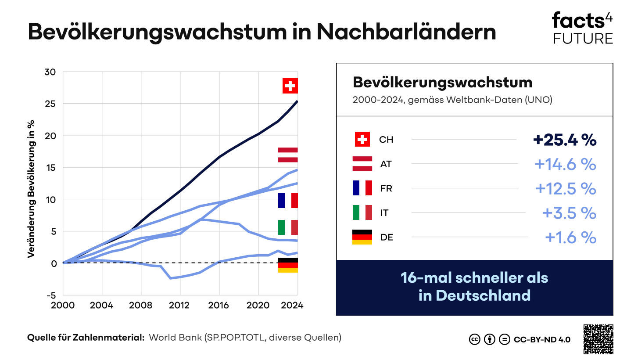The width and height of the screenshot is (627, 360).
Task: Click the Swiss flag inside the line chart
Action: (x=290, y=86)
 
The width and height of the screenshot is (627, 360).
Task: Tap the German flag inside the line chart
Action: (x=288, y=265)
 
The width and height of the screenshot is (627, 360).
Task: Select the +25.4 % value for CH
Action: (x=565, y=140)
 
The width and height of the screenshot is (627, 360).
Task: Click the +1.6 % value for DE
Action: (x=570, y=238)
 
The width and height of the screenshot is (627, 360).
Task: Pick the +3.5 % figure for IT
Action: (x=569, y=213)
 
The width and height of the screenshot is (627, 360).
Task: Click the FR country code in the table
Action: (x=386, y=188)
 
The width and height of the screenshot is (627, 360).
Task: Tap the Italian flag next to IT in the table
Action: (x=362, y=212)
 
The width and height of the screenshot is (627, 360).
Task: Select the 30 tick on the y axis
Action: (x=50, y=72)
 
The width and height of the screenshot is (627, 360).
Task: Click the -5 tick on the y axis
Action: (x=52, y=295)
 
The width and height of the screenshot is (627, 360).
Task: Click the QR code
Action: (x=598, y=339)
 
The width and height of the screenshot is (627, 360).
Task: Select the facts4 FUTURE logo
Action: (x=582, y=29)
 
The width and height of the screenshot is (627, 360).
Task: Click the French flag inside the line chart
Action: (x=288, y=201)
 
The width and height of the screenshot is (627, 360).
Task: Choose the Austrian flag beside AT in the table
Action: (x=362, y=164)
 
